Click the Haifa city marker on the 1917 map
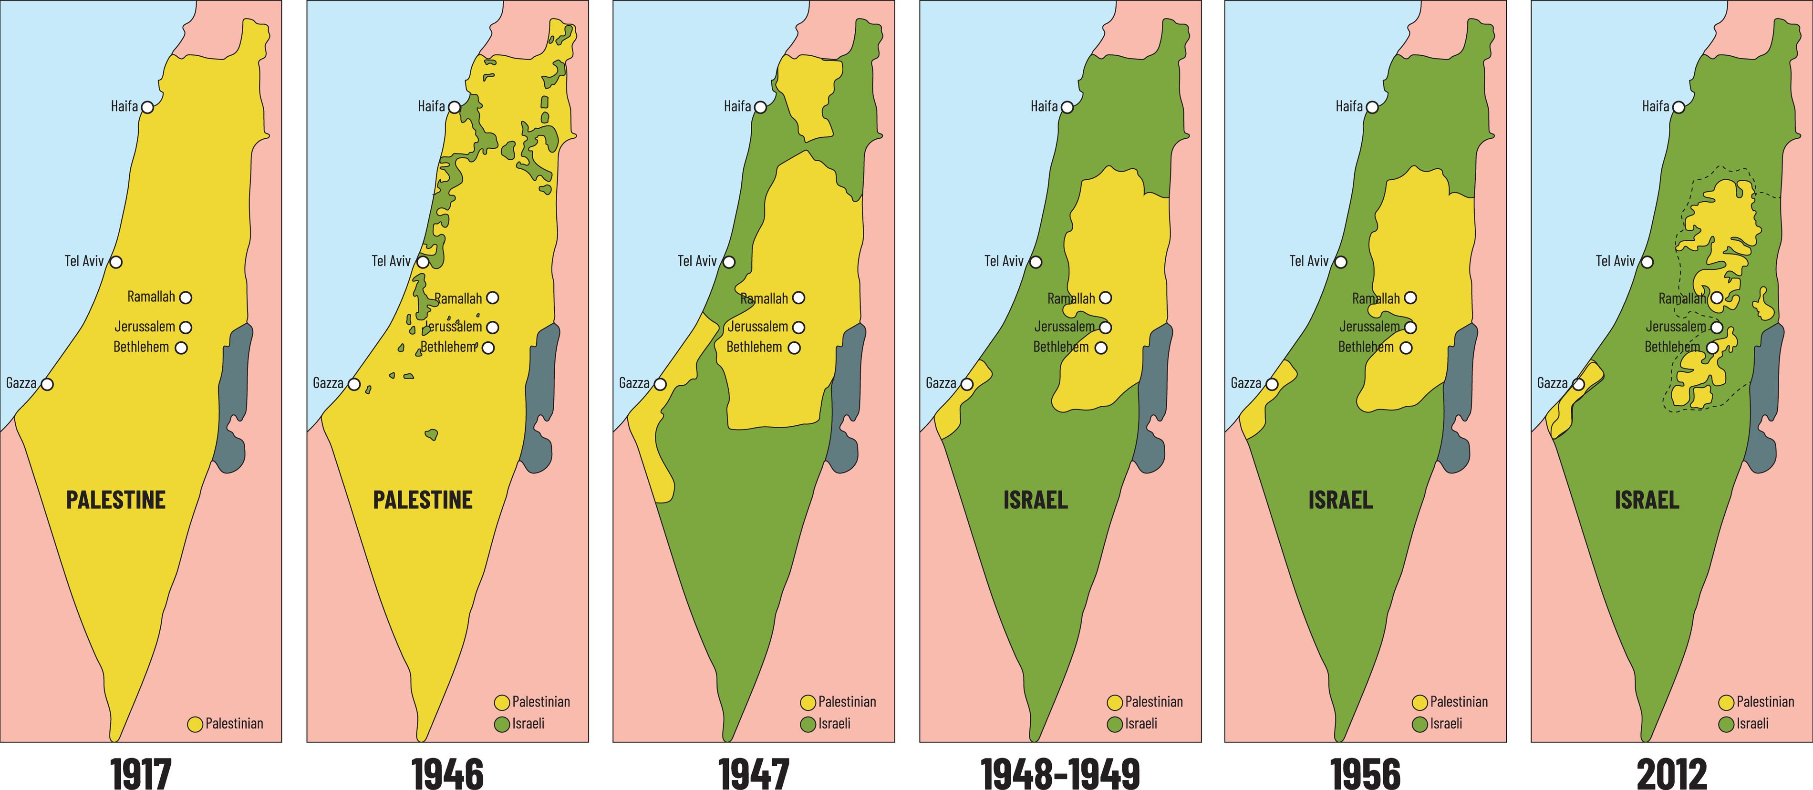tap(147, 107)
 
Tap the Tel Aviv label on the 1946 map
tap(391, 261)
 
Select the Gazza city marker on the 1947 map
tap(660, 384)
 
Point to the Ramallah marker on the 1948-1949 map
tap(1106, 298)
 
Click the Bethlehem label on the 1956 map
tap(1366, 347)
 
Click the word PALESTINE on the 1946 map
tap(422, 500)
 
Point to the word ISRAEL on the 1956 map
tap(1340, 500)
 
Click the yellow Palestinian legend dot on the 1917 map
tap(195, 724)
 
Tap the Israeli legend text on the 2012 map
tap(1752, 723)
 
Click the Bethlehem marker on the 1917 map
tap(181, 348)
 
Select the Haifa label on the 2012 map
tap(1655, 106)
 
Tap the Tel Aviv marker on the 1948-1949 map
tap(1036, 262)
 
